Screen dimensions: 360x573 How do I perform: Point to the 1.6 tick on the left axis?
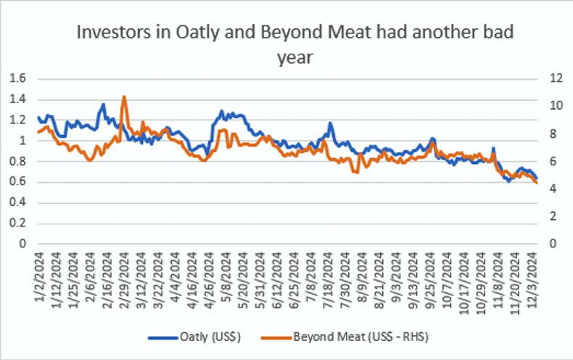point(15,78)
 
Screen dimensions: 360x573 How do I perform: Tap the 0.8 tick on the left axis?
point(15,161)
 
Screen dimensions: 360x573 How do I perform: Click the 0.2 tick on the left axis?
point(15,224)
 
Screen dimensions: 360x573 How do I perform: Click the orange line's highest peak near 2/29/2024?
point(124,97)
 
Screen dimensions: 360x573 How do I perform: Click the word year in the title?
point(294,57)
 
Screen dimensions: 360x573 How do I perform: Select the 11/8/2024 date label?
point(493,276)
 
